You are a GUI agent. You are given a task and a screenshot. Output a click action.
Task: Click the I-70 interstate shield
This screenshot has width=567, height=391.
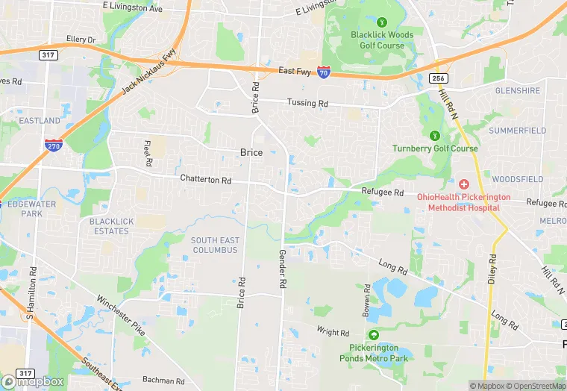tap(324, 72)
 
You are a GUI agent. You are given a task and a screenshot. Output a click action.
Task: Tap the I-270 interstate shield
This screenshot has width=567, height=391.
tap(53, 146)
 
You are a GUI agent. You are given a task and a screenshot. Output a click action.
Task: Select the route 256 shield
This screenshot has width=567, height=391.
tap(439, 78)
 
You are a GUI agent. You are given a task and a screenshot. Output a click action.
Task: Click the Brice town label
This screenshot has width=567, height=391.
tap(251, 152)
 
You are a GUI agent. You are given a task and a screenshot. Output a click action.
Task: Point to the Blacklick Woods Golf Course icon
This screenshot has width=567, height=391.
tap(382, 23)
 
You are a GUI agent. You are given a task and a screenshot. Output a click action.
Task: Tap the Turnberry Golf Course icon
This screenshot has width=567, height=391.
tap(435, 136)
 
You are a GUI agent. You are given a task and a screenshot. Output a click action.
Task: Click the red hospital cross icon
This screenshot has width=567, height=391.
tap(463, 184)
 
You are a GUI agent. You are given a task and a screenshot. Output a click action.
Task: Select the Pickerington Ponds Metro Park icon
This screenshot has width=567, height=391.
tap(373, 335)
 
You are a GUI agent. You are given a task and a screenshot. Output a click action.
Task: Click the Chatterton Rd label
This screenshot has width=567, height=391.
tap(206, 180)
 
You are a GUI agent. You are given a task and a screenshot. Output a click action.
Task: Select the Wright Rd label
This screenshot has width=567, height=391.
tap(333, 332)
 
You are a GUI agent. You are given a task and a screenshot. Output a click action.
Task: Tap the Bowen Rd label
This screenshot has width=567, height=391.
tap(367, 298)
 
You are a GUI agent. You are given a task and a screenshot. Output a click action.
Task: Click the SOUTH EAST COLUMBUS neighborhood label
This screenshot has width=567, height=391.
tap(214, 245)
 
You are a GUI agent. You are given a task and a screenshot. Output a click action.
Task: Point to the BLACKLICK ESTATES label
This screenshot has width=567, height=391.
tap(109, 226)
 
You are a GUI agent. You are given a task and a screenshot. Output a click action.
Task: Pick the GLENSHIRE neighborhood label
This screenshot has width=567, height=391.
tap(518, 91)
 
